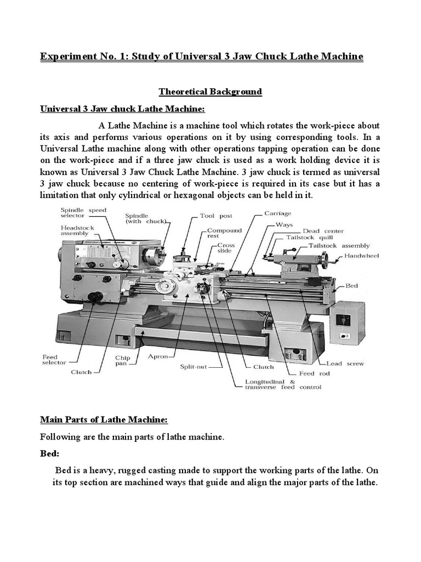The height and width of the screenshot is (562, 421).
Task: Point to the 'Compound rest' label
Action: [x=225, y=234]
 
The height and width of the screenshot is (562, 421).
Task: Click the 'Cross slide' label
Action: [x=226, y=248]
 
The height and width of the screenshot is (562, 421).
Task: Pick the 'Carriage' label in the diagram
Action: [x=278, y=213]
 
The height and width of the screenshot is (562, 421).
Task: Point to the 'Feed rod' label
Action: [x=314, y=373]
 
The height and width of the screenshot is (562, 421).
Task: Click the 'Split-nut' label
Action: [x=195, y=366]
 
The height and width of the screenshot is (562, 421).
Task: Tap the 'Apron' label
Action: [x=157, y=356]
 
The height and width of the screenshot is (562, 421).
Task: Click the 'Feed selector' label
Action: [x=54, y=359]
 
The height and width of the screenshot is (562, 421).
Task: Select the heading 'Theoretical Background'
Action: [x=210, y=92]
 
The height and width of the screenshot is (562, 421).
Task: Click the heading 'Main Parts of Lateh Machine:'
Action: [x=104, y=420]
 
